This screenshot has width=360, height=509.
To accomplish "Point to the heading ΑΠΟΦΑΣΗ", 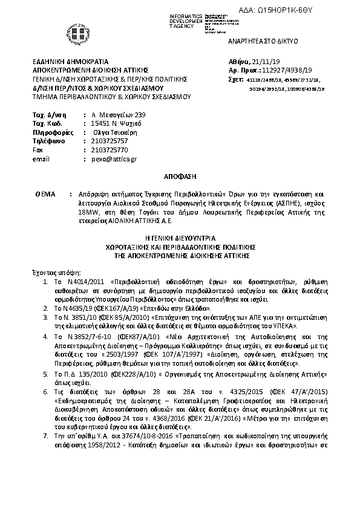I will tap(180, 177).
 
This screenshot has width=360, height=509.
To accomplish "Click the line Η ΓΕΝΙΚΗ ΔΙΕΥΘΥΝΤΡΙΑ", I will tap(180, 239).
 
